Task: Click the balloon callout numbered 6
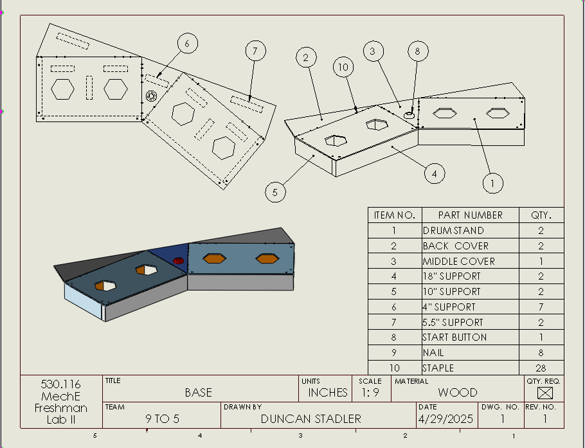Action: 187,44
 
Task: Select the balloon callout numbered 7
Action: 255,51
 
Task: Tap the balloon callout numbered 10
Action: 343,67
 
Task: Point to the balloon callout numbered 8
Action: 417,51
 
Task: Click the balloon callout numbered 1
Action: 492,183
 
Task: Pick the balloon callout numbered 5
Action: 274,192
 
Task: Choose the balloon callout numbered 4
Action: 435,173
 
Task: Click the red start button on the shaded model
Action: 179,260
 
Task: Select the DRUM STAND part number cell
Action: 453,231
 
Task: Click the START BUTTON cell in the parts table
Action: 455,337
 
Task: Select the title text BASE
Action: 198,392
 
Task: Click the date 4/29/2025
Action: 446,419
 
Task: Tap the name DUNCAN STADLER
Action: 311,419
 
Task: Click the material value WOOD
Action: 458,392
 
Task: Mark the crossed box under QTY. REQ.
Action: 544,392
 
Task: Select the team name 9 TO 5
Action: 162,419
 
